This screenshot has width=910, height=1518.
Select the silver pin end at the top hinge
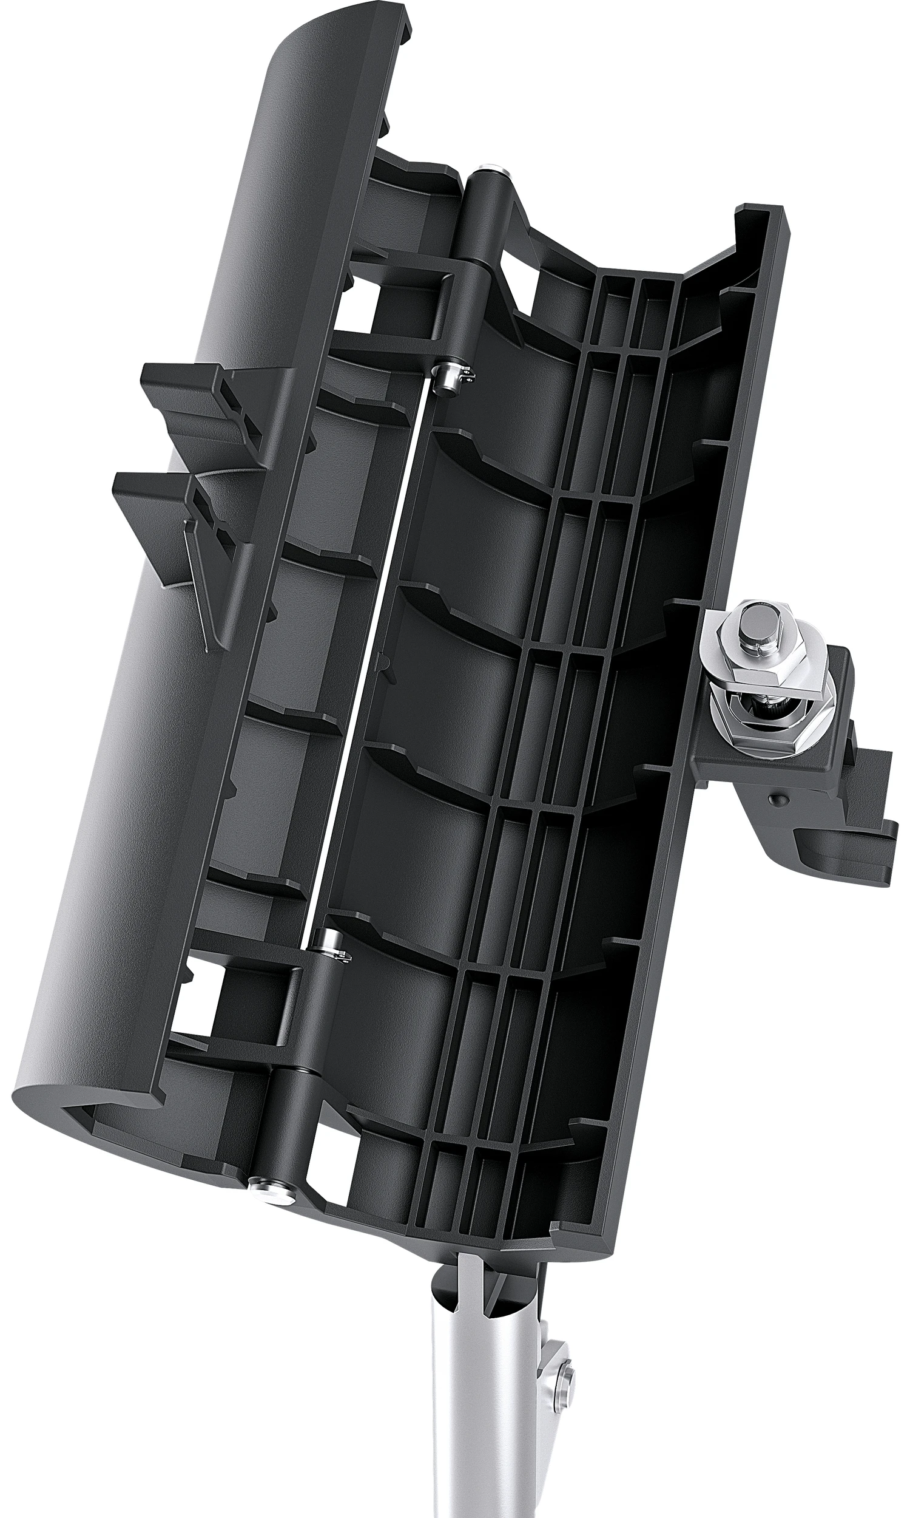click(490, 166)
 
